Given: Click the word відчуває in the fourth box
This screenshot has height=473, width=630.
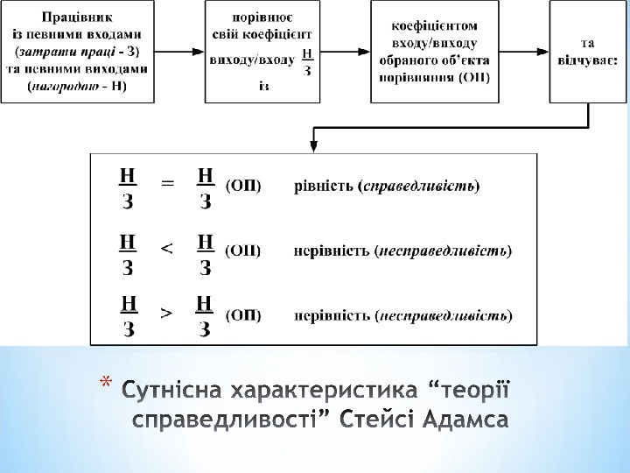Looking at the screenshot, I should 588,60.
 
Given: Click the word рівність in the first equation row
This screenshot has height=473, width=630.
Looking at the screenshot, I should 323,186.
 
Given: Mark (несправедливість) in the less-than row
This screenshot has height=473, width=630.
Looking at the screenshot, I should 444,251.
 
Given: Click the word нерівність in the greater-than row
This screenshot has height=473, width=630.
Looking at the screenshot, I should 331,314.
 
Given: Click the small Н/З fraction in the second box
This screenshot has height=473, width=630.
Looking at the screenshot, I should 305,61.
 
